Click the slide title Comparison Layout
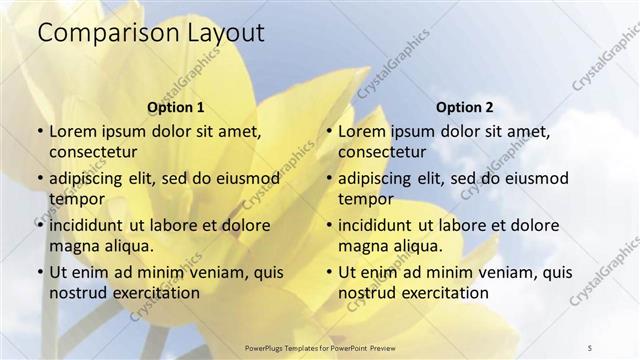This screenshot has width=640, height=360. tap(151, 32)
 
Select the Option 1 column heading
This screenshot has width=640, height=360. tap(176, 107)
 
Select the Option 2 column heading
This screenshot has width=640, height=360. tap(465, 107)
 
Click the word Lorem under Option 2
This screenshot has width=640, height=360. tap(361, 131)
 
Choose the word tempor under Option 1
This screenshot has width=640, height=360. tap(77, 198)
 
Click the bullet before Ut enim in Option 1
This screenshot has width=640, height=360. tap(39, 271)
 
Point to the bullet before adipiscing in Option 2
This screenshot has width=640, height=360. tap(328, 178)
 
